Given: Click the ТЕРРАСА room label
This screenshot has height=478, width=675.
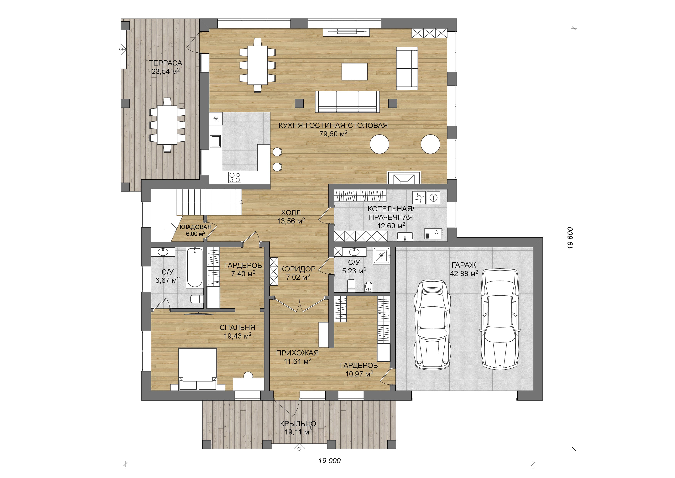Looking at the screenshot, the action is pos(165,63).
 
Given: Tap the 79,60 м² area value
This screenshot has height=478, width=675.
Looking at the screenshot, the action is pos(334,134).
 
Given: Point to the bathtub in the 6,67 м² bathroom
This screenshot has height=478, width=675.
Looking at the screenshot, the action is pos(195,267).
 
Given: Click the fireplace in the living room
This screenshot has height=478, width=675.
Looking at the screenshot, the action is pos(404,177).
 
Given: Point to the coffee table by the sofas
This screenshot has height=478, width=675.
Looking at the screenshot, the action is pos(354,71).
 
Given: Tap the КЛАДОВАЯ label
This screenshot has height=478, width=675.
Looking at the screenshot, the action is pos(195,227).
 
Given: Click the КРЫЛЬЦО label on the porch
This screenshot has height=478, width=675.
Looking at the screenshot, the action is pos(298,424).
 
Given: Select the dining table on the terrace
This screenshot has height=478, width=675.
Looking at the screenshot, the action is pos(167,125).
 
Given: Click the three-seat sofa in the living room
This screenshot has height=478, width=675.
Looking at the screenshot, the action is pos(347,102).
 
